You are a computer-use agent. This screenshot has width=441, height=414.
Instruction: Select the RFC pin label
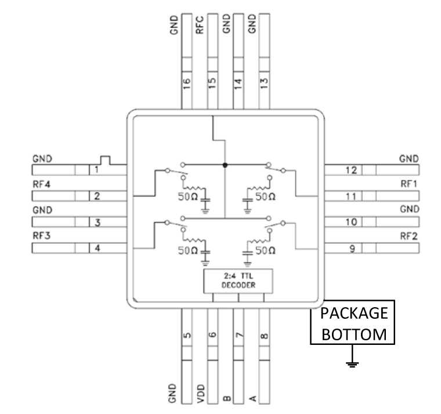point(199,26)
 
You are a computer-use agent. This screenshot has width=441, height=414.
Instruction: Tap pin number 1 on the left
point(97,170)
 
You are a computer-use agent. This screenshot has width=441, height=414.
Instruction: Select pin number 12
point(350,170)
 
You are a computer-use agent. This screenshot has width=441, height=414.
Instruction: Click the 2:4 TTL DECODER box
point(237,281)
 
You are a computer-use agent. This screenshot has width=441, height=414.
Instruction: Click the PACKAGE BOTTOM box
point(354,323)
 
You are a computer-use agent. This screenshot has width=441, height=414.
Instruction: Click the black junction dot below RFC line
point(225,165)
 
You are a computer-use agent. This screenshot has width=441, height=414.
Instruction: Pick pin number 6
point(212,335)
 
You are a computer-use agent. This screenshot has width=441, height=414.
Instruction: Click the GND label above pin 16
point(173,26)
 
